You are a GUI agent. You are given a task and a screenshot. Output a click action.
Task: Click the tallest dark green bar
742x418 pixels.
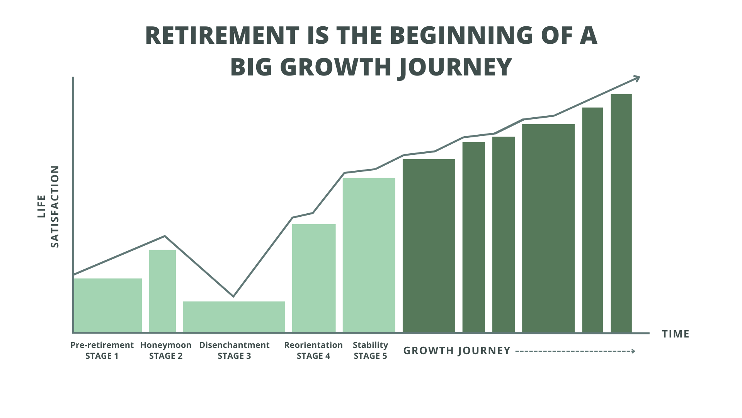click(621, 213)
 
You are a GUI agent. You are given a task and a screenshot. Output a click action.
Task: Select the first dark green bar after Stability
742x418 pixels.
click(429, 245)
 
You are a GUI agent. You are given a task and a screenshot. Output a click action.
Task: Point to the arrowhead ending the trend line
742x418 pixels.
click(637, 79)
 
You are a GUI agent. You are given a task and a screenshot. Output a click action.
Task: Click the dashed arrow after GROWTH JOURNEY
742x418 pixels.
click(575, 351)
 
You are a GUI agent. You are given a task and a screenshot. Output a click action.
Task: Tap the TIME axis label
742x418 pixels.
click(676, 334)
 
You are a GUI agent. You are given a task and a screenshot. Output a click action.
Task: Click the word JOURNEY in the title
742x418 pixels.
click(454, 67)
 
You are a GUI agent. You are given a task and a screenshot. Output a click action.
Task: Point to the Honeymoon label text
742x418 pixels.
click(166, 345)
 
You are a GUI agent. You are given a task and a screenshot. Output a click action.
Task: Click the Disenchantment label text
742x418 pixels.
click(234, 345)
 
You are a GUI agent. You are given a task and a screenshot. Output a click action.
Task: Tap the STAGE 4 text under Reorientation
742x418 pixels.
click(313, 356)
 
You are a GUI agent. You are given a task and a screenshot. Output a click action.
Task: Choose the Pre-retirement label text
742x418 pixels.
click(102, 345)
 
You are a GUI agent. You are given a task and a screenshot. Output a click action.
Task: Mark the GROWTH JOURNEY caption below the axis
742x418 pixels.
click(457, 351)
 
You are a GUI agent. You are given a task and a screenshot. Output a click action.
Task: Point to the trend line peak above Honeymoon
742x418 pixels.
click(165, 236)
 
